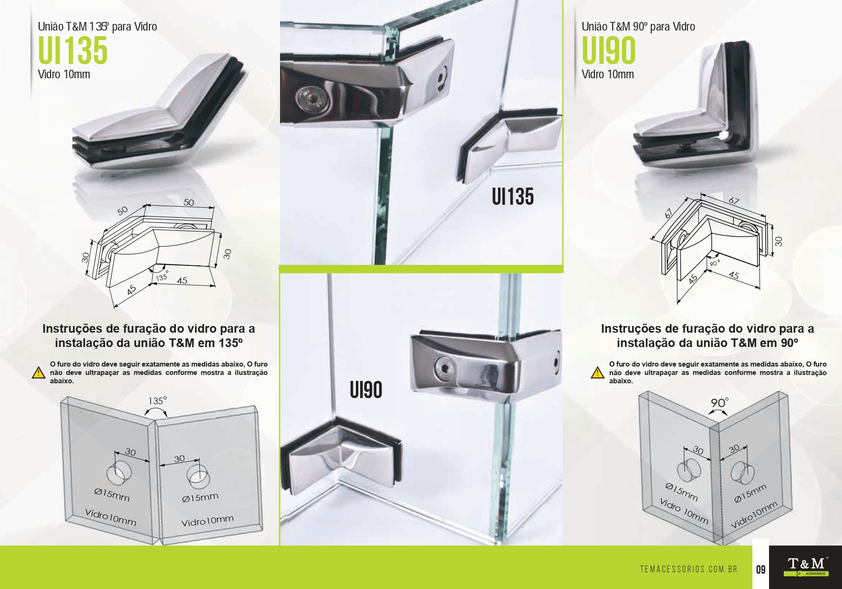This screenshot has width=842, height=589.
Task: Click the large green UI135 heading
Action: [73, 51]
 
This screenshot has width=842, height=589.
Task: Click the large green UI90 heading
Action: [609, 51]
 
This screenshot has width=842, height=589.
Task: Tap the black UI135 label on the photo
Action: [513, 197]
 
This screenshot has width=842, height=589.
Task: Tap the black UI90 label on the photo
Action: [366, 389]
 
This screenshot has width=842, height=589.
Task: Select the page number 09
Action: [760, 569]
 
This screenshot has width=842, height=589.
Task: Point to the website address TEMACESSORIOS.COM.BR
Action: [688, 569]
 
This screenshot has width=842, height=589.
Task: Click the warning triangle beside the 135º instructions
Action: [38, 373]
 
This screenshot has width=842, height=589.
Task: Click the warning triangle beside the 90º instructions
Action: [597, 373]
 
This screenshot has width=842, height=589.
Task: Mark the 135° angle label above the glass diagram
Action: [157, 401]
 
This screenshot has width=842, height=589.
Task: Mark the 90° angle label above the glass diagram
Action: [720, 403]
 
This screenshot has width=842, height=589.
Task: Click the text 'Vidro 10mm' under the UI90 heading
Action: [608, 74]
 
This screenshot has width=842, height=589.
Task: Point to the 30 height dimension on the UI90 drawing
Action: [779, 242]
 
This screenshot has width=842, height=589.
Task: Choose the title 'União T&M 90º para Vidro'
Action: [638, 27]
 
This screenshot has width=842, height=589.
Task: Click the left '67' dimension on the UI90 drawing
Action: [668, 213]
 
